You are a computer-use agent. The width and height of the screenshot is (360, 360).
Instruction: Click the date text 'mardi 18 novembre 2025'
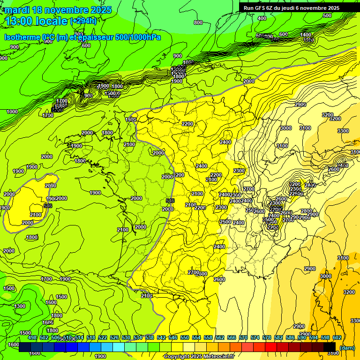(58, 10)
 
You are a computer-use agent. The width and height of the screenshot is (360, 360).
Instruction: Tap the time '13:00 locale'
(37, 21)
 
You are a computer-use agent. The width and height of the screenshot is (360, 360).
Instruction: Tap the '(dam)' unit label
(347, 347)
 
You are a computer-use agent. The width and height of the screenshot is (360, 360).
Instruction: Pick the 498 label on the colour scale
(32, 337)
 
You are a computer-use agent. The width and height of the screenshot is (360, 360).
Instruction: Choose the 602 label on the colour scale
(337, 337)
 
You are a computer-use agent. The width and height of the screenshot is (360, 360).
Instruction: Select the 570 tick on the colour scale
(243, 337)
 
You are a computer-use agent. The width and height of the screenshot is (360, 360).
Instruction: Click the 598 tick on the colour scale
(325, 337)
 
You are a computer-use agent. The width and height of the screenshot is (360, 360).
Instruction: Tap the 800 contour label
(198, 22)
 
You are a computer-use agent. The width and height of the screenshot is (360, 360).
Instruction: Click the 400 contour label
(262, 19)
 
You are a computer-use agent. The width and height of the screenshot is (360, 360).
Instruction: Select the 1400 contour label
(306, 35)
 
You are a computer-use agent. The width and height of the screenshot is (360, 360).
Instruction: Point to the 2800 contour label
(306, 211)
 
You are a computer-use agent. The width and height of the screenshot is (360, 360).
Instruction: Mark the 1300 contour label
(20, 306)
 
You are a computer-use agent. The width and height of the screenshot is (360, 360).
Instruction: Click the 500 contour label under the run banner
(327, 16)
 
